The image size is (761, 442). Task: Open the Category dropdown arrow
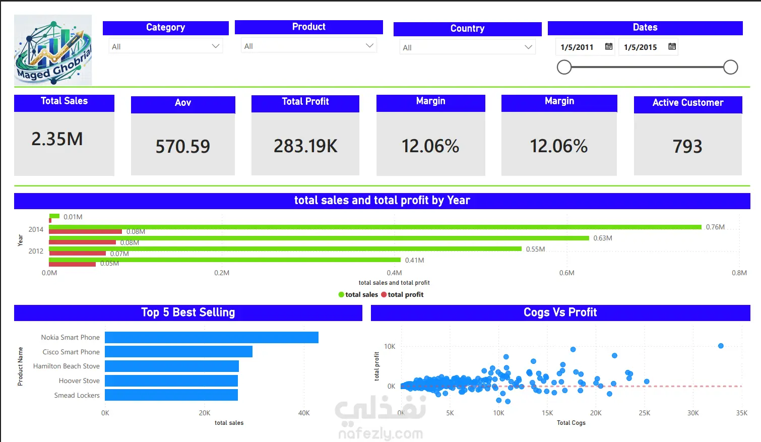[x=215, y=46]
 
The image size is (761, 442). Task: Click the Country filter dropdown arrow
[x=528, y=47]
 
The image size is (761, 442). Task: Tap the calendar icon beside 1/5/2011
[x=608, y=46]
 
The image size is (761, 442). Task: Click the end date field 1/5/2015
[x=641, y=47]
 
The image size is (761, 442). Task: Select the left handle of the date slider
[x=564, y=67]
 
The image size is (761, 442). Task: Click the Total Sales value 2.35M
[x=57, y=139]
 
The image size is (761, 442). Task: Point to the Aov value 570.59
[x=183, y=147]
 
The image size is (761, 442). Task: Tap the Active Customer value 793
[x=687, y=147]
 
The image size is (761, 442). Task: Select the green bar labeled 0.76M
[x=375, y=227]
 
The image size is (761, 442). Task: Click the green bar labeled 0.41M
[x=225, y=260]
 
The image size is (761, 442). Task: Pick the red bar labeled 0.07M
[x=78, y=253]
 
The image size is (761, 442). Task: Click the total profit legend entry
[x=402, y=294]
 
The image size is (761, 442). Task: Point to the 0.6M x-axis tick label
[x=566, y=273]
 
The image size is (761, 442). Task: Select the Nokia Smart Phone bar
[x=212, y=337]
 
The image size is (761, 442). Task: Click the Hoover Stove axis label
[x=79, y=381]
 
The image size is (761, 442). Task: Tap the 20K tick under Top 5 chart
[x=205, y=413]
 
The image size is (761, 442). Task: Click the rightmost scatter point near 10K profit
[x=721, y=346]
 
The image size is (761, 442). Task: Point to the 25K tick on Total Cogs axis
[x=644, y=413]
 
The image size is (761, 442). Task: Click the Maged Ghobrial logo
[x=53, y=50]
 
